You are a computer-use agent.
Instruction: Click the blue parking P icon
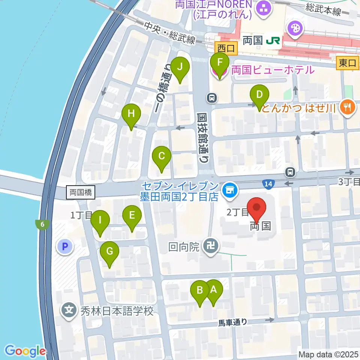pos(65,247)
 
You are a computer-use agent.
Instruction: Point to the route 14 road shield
pos(267,183)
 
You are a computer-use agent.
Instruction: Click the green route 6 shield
pos(43,225)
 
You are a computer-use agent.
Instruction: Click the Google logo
pos(25,351)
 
